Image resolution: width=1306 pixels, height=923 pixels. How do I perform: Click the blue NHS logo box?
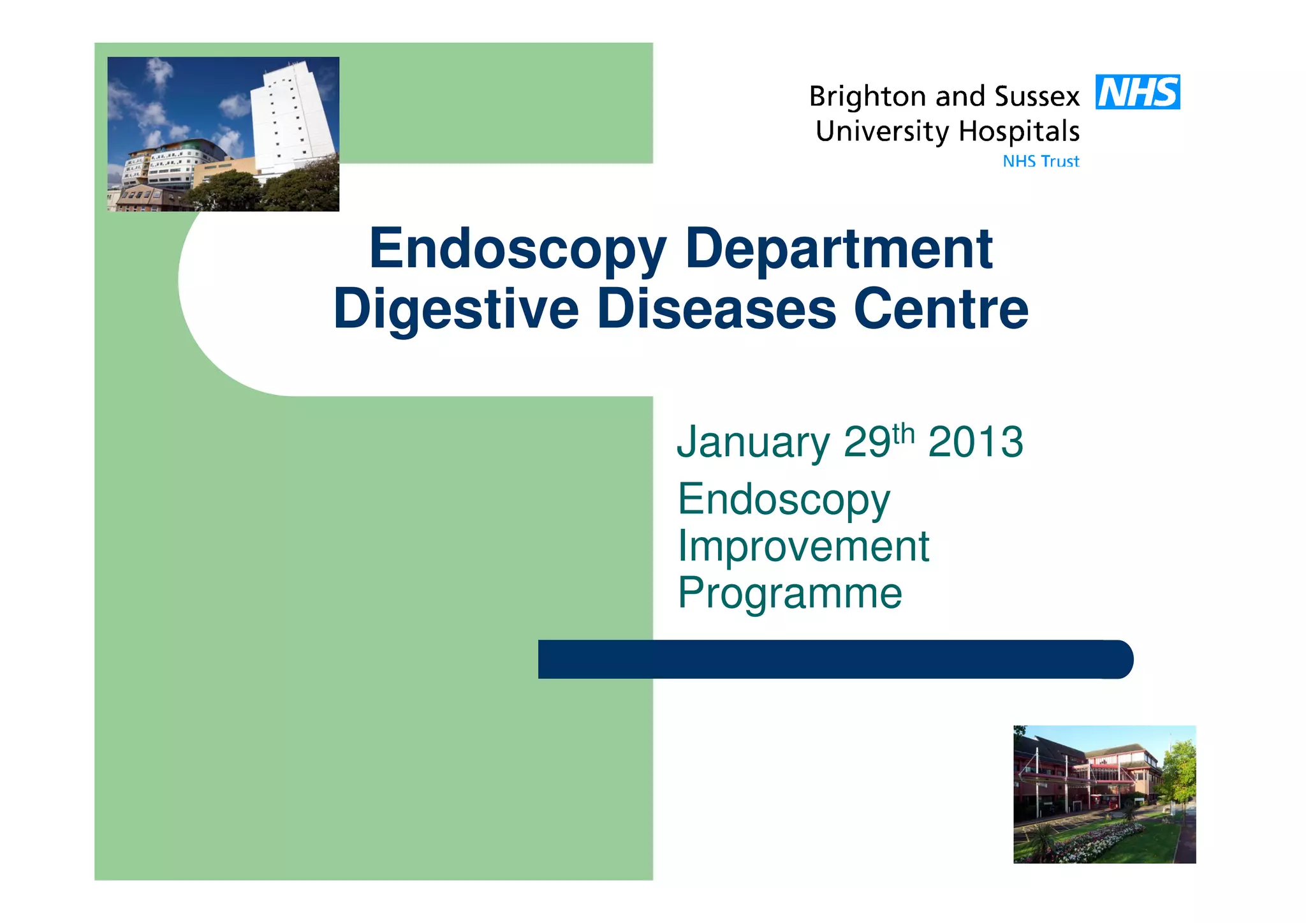point(1137,92)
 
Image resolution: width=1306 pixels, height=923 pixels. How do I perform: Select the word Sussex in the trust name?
point(1037,97)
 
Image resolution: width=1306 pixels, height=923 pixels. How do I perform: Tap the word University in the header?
point(882,132)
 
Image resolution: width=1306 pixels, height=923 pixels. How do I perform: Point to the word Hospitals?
point(1019,132)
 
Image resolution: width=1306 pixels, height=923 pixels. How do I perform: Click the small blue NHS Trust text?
point(1041,161)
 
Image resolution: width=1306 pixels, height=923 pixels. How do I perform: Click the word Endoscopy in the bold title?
point(517,250)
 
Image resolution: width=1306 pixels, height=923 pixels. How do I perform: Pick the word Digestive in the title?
point(456,311)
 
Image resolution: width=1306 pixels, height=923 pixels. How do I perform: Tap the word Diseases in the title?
point(716,309)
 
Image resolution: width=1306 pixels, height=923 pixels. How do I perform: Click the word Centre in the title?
point(941,309)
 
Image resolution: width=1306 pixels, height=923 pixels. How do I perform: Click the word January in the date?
point(752,443)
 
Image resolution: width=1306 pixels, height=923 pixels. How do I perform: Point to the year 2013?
point(976,441)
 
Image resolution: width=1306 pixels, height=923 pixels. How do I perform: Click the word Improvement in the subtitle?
point(803,547)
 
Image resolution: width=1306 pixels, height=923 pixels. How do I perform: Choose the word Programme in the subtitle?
point(789,594)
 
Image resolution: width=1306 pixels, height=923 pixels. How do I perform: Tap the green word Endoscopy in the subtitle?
point(784,500)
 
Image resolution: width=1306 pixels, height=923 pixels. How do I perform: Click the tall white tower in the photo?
point(292,118)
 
